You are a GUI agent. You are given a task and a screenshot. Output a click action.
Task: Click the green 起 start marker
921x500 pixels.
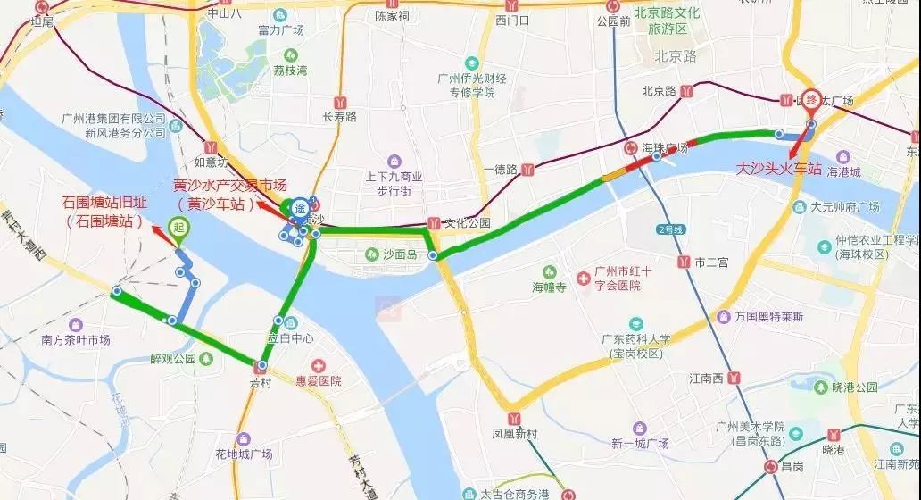tap(178, 228)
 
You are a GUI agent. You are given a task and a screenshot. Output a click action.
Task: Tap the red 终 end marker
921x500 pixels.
tap(811, 100)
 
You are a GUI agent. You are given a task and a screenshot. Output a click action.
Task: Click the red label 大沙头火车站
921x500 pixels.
tap(778, 168)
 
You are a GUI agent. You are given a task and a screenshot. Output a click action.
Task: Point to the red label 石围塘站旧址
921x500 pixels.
tap(104, 203)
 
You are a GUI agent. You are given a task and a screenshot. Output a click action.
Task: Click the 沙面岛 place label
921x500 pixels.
tap(399, 254)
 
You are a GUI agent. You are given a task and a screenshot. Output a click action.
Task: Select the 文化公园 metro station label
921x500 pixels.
tap(468, 222)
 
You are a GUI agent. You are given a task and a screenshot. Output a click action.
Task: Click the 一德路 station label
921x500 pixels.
tap(501, 169)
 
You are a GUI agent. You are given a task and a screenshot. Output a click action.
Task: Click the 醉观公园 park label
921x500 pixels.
tap(173, 359)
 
